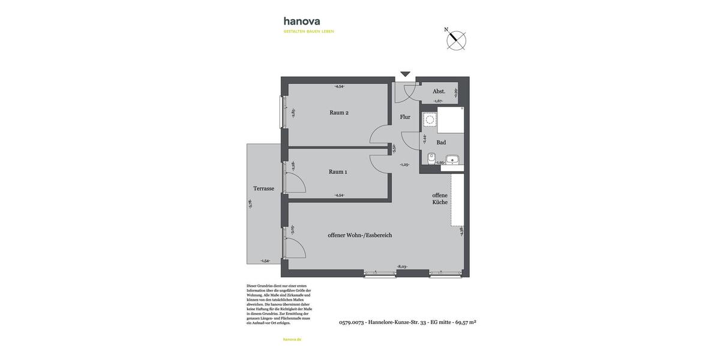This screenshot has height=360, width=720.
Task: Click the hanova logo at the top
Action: [302, 22]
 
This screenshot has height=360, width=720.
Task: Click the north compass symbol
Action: [456, 40]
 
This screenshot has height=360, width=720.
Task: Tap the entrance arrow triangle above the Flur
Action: [405, 74]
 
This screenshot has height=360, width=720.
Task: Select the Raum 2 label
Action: [338, 113]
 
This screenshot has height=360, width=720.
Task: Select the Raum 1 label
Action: [338, 172]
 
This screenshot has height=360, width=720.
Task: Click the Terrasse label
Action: [263, 188]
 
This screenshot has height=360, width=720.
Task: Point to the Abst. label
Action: [439, 91]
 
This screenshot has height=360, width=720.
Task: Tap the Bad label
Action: [441, 143]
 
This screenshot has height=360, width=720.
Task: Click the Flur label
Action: [405, 117]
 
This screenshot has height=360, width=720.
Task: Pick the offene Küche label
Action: [440, 199]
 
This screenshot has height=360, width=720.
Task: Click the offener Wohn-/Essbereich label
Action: [359, 235]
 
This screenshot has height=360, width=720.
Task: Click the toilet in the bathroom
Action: [431, 158]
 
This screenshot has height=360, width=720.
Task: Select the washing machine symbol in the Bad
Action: [430, 119]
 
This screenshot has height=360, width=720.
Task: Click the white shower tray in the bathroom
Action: [451, 121]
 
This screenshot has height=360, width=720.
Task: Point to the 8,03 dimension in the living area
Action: [402, 266]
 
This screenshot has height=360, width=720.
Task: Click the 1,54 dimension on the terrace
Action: [265, 261]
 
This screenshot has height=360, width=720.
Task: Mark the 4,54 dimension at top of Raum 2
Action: [339, 86]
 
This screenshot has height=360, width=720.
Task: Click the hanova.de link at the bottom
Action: [292, 340]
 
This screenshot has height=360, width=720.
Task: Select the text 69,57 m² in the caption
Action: [466, 322]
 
